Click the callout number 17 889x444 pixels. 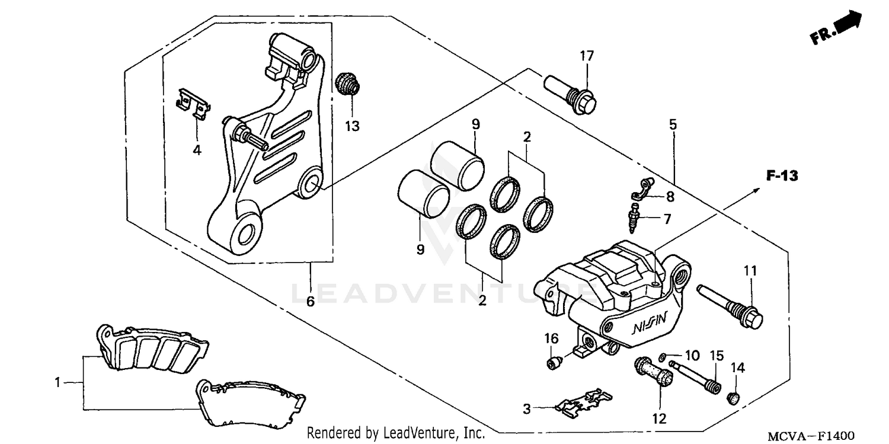coord(586,56)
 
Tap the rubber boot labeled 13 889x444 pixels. coord(347,84)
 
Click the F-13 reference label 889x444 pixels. coord(782,175)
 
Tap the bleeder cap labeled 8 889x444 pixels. coord(640,189)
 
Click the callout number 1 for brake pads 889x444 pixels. coord(57,383)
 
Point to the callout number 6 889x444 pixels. coord(310,302)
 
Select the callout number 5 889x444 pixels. coord(673,124)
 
